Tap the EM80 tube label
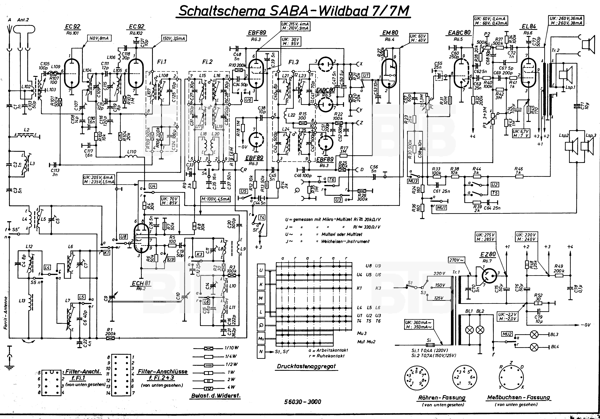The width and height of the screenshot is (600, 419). coord(390,33)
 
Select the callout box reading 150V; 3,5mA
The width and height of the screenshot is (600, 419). coord(174,38)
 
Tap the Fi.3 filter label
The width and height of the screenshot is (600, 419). coord(293,62)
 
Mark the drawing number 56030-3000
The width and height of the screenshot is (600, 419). coord(303,402)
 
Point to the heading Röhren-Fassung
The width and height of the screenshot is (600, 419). coord(442,397)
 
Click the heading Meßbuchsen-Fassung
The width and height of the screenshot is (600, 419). coord(519,397)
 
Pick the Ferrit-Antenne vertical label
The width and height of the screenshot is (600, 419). coord(6,313)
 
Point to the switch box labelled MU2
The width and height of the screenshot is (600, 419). coord(507,334)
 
